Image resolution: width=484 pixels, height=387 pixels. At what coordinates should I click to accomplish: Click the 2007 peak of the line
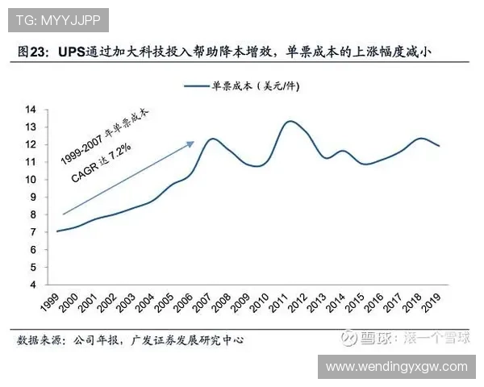tap(212, 139)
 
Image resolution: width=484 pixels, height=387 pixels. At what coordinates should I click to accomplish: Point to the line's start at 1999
tap(56, 231)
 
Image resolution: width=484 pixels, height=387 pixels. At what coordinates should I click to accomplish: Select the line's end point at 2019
tap(438, 146)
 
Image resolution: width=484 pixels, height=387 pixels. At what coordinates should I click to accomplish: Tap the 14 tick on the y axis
tap(31, 109)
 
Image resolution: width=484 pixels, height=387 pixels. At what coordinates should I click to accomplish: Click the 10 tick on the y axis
tap(31, 179)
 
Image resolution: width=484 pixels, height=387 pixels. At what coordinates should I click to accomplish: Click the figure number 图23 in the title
tap(32, 52)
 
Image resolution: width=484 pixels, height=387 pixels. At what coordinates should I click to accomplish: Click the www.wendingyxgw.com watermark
tap(396, 367)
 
